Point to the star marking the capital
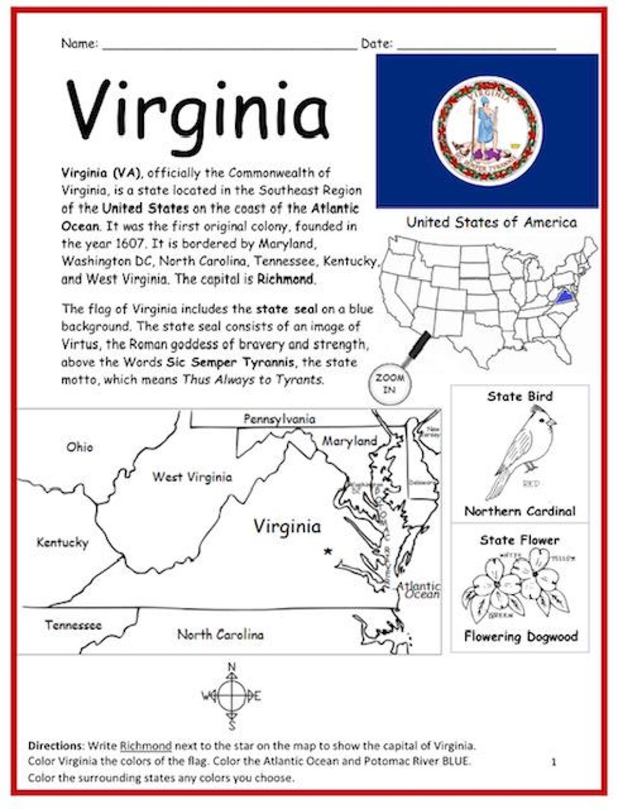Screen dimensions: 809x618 (x=327, y=551)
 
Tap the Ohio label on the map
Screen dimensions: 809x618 (x=80, y=447)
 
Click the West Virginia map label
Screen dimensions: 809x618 (x=192, y=477)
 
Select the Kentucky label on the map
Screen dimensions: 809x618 (x=62, y=542)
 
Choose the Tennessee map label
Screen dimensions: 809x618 (x=73, y=625)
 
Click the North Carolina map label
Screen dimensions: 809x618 (x=220, y=634)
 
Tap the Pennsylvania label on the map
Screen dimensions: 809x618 (x=279, y=419)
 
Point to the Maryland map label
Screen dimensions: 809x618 (x=349, y=441)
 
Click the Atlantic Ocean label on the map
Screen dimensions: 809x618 (x=419, y=590)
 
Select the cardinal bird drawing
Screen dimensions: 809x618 (x=520, y=453)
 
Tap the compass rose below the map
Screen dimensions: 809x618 (x=231, y=696)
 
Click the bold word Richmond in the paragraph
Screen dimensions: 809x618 (x=285, y=279)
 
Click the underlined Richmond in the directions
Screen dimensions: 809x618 (x=145, y=746)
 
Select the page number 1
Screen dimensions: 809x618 (x=553, y=762)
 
